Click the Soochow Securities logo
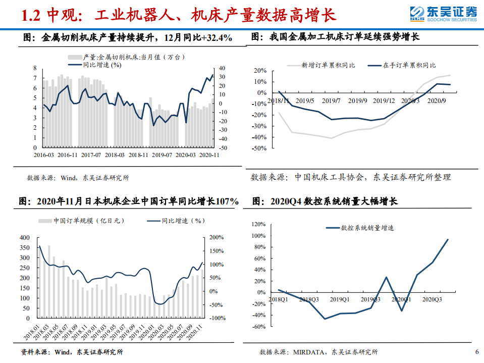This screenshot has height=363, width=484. tap(443, 14)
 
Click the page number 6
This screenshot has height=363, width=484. tap(476, 352)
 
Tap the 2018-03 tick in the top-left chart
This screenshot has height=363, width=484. tap(115, 154)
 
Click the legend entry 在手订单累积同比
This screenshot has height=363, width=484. tap(409, 65)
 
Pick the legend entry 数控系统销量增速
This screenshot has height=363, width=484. tap(367, 228)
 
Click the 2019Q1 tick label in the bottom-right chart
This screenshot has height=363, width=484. tap(340, 299)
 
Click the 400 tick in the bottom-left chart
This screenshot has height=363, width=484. tap(25, 237)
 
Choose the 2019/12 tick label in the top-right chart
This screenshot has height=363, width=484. tap(384, 101)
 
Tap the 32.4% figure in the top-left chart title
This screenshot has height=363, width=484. tap(219, 37)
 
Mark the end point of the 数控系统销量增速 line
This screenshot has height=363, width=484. tap(448, 239)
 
